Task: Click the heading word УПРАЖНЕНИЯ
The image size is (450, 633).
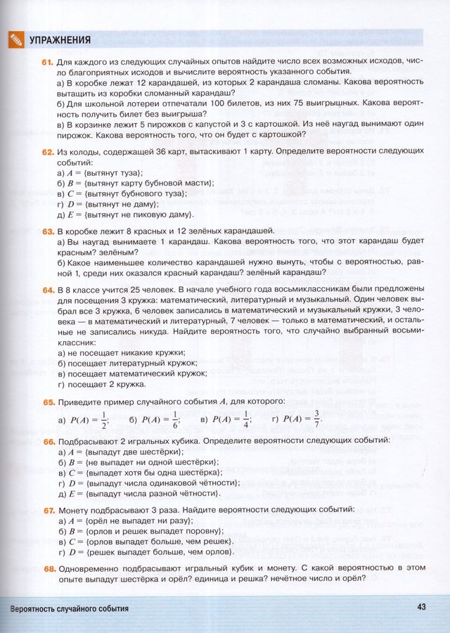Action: [x=61, y=40]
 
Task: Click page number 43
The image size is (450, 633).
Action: [x=422, y=608]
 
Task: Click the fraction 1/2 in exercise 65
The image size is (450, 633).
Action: [x=104, y=419]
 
